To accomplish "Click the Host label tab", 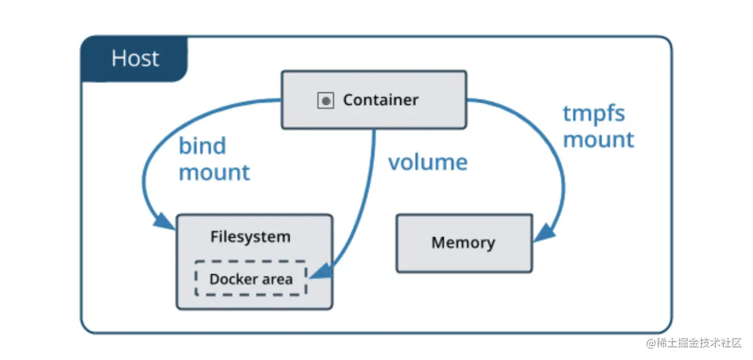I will pyautogui.click(x=135, y=59).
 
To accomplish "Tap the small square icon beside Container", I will pyautogui.click(x=325, y=100).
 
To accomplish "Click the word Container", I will pyautogui.click(x=381, y=100).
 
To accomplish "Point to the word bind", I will pyautogui.click(x=203, y=146).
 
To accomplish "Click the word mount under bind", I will pyautogui.click(x=214, y=172).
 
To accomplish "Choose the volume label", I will pyautogui.click(x=428, y=162).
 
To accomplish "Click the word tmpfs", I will pyautogui.click(x=593, y=114).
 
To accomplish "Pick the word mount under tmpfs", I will pyautogui.click(x=598, y=140).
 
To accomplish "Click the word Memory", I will pyautogui.click(x=463, y=243).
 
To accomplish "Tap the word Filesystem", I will pyautogui.click(x=250, y=237).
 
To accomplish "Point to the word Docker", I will pyautogui.click(x=229, y=279).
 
